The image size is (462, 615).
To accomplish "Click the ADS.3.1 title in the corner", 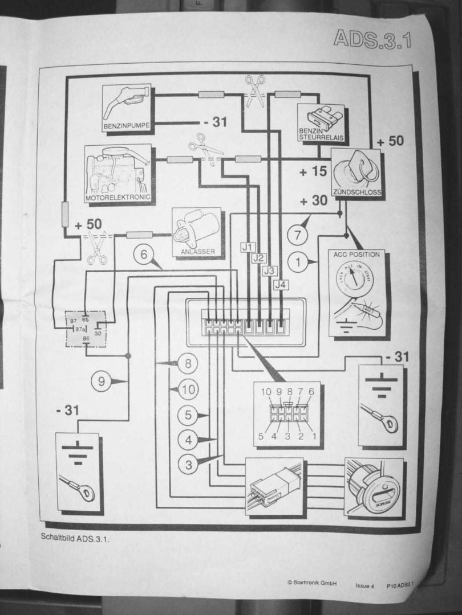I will [x=372, y=38].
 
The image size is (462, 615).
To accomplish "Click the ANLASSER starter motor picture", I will [x=196, y=232].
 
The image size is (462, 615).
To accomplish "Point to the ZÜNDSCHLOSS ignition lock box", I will [x=356, y=173].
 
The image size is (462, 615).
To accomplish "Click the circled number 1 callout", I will [x=298, y=262].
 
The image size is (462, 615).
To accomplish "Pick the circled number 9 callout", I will [x=102, y=382].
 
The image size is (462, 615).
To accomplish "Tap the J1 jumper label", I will [x=246, y=247].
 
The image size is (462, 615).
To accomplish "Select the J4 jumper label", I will [x=279, y=284].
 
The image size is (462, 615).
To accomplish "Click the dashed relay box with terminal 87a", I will [x=85, y=329].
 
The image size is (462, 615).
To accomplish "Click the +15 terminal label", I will [x=312, y=171].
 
